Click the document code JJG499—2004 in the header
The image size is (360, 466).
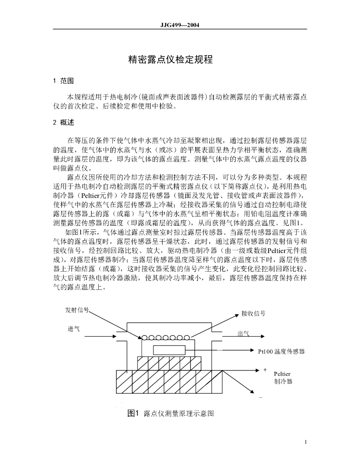click(180, 25)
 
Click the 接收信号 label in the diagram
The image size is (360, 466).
click(253, 313)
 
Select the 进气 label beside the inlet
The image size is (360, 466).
click(74, 329)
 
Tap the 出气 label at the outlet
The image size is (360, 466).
click(243, 334)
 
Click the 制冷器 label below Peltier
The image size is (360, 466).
click(283, 381)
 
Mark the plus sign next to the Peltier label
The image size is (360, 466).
click(265, 370)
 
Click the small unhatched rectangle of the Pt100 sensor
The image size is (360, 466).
click(169, 350)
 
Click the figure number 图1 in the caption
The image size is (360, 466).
click(133, 413)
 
